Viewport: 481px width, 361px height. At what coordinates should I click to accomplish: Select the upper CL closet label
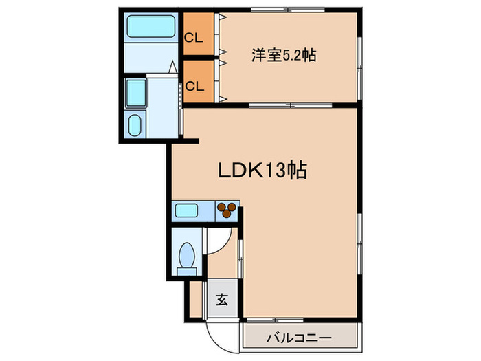194,38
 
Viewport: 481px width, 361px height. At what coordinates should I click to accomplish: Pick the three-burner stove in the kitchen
227,209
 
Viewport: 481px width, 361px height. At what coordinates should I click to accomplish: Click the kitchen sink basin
186,210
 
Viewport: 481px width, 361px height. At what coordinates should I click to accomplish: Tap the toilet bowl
187,255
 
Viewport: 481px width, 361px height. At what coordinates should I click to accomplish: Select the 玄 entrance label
223,299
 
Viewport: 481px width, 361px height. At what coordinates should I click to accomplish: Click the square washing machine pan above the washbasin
137,91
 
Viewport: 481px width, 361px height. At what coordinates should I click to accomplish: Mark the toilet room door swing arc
217,237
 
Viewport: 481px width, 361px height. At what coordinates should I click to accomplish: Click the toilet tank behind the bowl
186,270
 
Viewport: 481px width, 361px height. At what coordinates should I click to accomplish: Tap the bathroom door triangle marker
170,67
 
